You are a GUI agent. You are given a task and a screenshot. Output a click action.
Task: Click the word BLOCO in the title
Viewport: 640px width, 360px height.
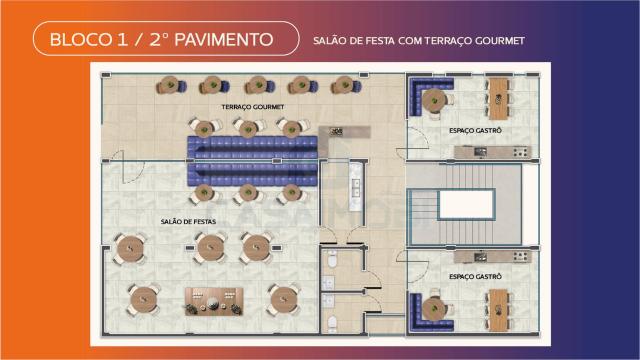click(81, 40)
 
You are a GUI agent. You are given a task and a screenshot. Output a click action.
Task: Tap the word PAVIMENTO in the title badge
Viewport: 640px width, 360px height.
click(224, 40)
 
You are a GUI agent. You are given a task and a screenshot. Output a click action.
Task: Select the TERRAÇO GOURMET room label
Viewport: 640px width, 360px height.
click(253, 107)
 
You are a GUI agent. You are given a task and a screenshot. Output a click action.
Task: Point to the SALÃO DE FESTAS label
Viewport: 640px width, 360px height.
click(188, 222)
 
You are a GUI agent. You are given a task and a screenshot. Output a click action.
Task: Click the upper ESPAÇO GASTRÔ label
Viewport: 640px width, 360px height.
click(475, 131)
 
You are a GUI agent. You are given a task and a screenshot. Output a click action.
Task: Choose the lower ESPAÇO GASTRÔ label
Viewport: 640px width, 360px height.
click(475, 277)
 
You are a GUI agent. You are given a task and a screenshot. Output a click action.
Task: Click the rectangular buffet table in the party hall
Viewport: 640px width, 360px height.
click(214, 301)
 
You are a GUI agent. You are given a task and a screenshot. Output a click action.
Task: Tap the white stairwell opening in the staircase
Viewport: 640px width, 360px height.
click(466, 205)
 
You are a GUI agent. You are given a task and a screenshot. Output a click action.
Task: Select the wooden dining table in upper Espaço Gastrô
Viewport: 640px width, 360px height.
click(498, 99)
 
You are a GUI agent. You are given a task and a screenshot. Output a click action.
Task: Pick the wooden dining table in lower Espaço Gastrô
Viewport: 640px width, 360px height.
click(498, 310)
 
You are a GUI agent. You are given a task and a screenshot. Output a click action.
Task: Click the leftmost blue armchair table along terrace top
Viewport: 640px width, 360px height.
click(171, 85)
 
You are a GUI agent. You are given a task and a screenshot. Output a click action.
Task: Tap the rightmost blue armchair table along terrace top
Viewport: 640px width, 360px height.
click(346, 85)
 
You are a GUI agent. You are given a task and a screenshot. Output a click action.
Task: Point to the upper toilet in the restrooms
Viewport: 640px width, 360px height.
click(332, 259)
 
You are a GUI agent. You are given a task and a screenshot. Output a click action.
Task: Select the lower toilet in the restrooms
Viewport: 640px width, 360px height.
click(332, 323)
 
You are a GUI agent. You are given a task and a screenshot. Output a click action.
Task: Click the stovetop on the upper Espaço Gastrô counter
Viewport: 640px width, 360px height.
click(521, 153)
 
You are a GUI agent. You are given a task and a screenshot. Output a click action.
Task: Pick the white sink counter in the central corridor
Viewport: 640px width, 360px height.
click(356, 187)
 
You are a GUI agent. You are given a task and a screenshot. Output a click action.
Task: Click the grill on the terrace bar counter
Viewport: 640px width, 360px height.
click(337, 131)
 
